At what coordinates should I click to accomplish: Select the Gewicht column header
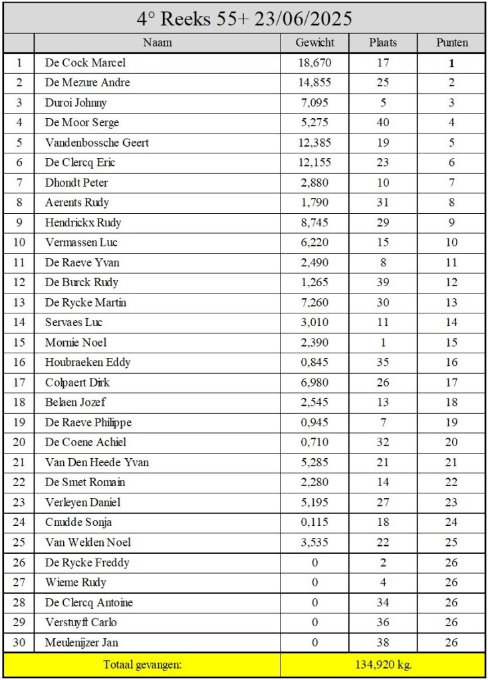pyautogui.click(x=314, y=42)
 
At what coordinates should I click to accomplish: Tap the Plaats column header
pyautogui.click(x=382, y=42)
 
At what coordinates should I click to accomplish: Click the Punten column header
pyautogui.click(x=451, y=42)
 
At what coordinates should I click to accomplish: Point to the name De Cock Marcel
pyautogui.click(x=85, y=63)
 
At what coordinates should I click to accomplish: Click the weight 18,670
pyautogui.click(x=314, y=63)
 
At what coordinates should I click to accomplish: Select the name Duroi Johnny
pyautogui.click(x=76, y=103)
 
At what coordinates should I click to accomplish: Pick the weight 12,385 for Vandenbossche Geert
pyautogui.click(x=314, y=143)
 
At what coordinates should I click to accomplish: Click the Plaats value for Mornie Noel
pyautogui.click(x=382, y=343)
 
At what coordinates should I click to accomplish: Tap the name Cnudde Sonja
pyautogui.click(x=74, y=523)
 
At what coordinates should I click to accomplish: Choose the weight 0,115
pyautogui.click(x=314, y=523)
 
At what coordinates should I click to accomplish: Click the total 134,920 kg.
pyautogui.click(x=382, y=665)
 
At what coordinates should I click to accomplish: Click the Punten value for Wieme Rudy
pyautogui.click(x=451, y=582)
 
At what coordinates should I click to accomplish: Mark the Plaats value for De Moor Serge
pyautogui.click(x=382, y=123)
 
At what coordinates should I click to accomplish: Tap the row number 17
pyautogui.click(x=19, y=382)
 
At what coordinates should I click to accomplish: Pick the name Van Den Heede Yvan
pyautogui.click(x=97, y=462)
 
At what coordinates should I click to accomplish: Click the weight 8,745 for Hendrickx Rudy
pyautogui.click(x=314, y=222)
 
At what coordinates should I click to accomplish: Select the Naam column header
pyautogui.click(x=157, y=42)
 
